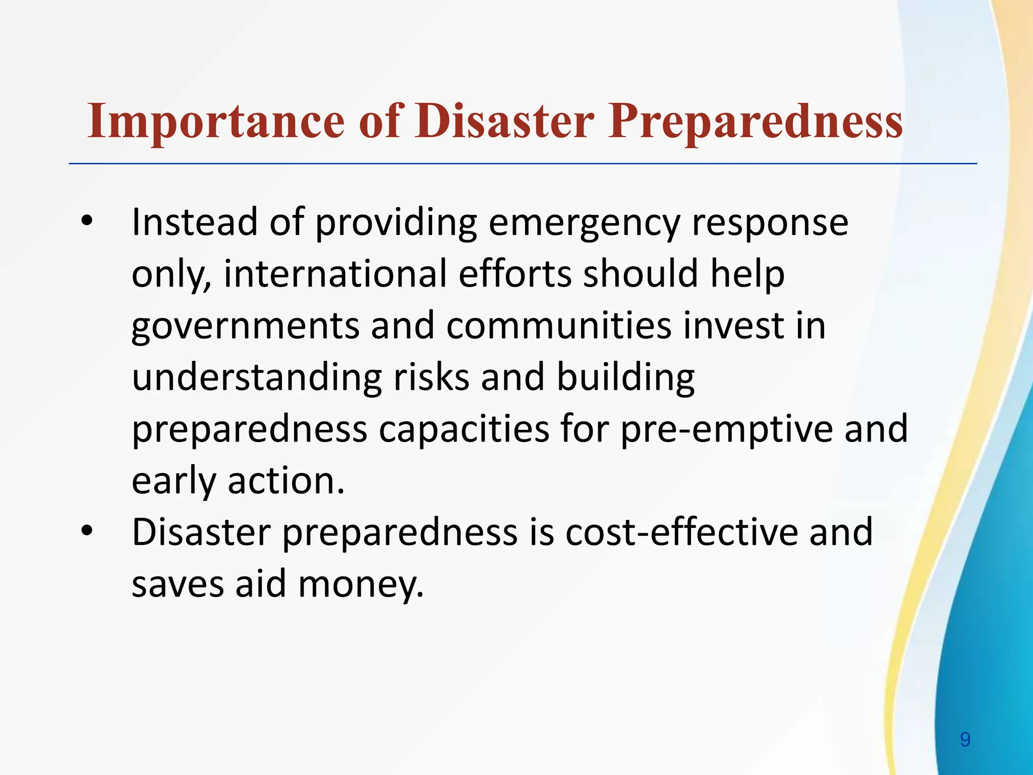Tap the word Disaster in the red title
coord(505,122)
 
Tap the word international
coord(335,273)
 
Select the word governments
coord(245,326)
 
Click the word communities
coord(559,325)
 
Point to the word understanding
coord(257,378)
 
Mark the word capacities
coord(464,429)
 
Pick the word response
coord(770,223)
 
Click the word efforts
coord(515,273)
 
